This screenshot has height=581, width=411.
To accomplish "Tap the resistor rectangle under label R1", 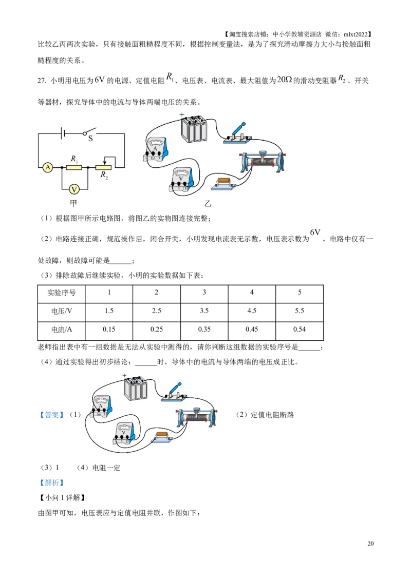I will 74,167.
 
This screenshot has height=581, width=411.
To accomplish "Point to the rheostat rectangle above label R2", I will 104,167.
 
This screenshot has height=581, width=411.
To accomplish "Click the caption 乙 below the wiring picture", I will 208,204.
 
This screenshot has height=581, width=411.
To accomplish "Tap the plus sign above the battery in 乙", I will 181,115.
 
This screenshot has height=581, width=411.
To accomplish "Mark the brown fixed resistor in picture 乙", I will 225,181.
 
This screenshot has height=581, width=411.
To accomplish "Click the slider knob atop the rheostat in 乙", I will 261,152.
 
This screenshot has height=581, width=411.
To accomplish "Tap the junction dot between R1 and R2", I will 88,167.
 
